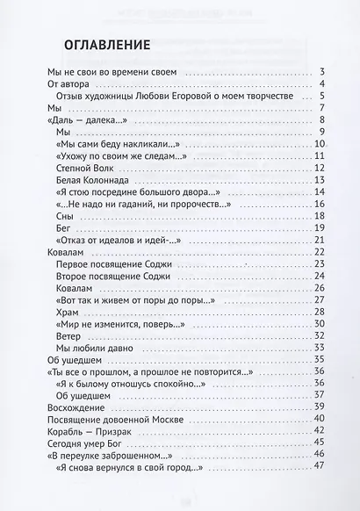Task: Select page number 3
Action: pyautogui.click(x=324, y=72)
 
